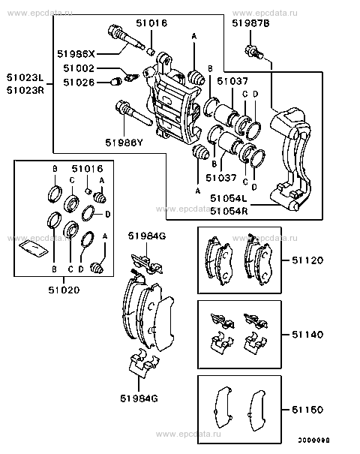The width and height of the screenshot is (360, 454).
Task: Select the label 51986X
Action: click(x=76, y=53)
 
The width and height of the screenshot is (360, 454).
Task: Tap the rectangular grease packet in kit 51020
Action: click(x=33, y=248)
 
